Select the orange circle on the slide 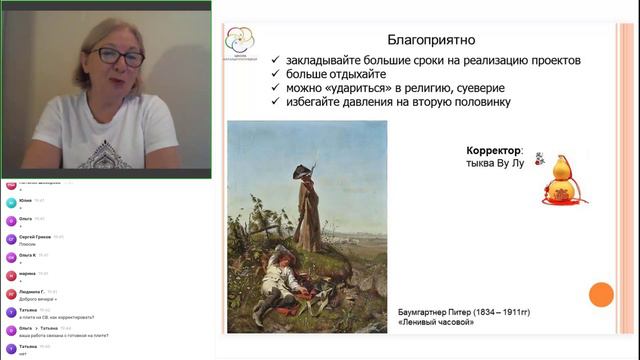[x=601, y=295]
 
